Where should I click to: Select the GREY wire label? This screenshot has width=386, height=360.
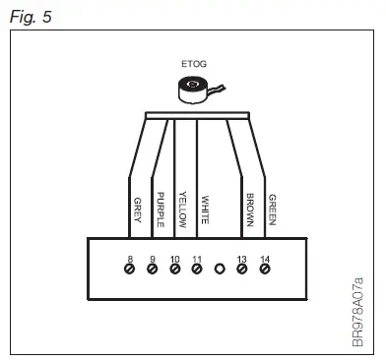coord(137,210)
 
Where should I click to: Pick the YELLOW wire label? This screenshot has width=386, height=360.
coord(181,207)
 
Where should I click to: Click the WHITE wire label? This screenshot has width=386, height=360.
coord(205,210)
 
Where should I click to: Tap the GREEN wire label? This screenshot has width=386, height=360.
coord(273,208)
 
